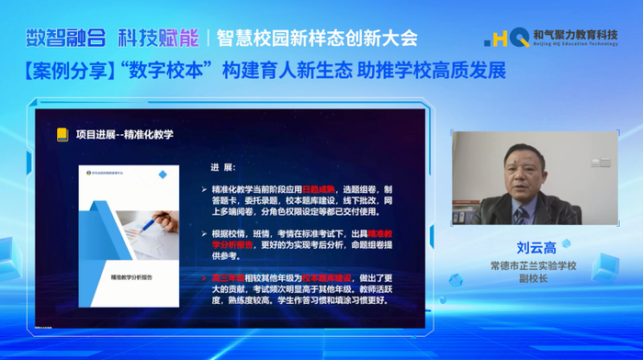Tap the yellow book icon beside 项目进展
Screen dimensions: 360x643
(x=62, y=133)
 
